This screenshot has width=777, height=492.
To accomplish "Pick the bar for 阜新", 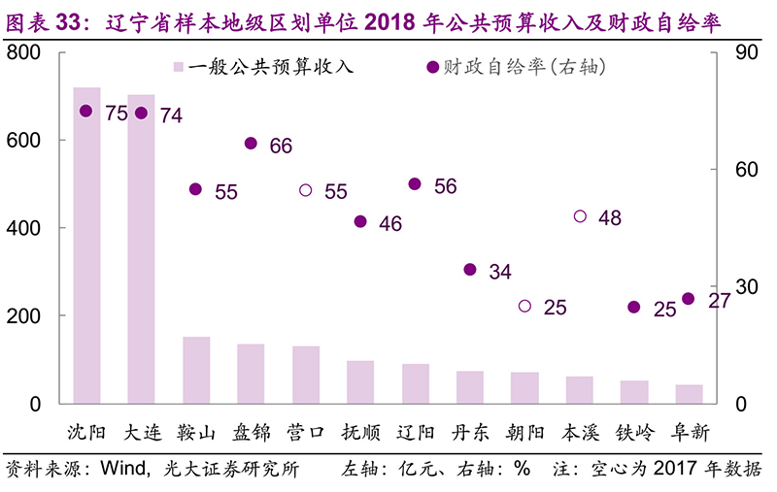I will tap(690, 394).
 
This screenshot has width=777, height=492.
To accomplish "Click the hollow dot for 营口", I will tap(306, 190).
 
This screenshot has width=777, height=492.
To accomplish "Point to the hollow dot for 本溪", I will tap(580, 216).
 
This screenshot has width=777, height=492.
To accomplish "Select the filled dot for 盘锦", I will tap(251, 144).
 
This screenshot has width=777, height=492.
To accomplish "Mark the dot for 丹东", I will tap(470, 270).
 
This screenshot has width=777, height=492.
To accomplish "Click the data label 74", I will tap(171, 115).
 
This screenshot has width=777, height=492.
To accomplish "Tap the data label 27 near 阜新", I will tap(719, 301).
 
